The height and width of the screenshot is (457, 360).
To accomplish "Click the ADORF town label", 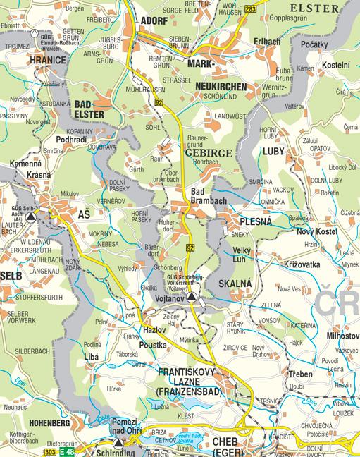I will pyautogui.click(x=154, y=21).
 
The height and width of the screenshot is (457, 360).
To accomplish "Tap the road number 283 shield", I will pyautogui.click(x=252, y=8).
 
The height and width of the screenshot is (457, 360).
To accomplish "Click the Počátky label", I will pyautogui.click(x=314, y=44).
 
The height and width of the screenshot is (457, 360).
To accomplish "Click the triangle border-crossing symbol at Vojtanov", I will pyautogui.click(x=192, y=298).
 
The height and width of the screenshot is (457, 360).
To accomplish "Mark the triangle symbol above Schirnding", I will pyautogui.click(x=118, y=443).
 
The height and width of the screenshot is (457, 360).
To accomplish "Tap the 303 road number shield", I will pyautogui.click(x=49, y=451).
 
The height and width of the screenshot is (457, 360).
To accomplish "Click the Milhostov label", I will pyautogui.click(x=343, y=336).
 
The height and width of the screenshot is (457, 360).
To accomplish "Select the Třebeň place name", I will pyautogui.click(x=300, y=374).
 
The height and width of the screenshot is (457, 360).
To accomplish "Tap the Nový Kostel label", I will pyautogui.click(x=315, y=232).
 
